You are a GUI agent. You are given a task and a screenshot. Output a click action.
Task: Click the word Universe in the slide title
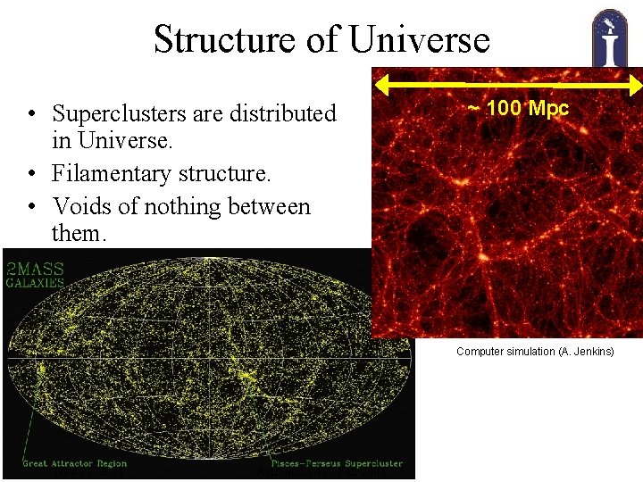[x=420, y=39]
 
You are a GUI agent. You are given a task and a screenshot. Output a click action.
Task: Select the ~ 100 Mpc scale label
[x=519, y=109]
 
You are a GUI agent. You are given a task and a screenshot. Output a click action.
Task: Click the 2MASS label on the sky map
[x=35, y=268]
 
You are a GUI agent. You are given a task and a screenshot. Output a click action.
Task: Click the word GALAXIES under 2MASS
[x=36, y=283]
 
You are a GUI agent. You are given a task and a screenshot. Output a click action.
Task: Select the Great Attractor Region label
[x=76, y=463]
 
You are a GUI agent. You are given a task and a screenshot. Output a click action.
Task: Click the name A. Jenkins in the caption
[x=587, y=352]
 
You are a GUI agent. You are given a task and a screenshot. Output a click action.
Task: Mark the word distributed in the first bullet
[x=282, y=114]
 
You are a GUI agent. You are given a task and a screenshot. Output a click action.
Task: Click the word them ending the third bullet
[x=79, y=234]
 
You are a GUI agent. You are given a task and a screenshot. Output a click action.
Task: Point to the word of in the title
[x=325, y=39]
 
